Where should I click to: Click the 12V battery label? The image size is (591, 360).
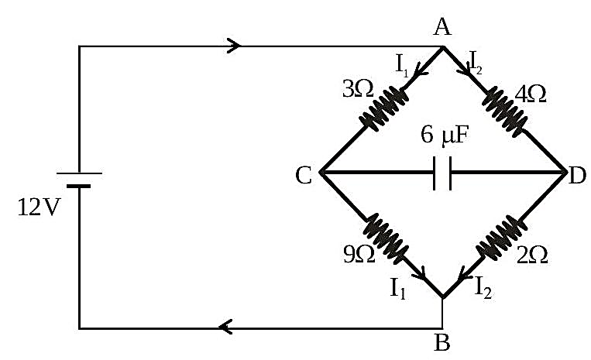39,207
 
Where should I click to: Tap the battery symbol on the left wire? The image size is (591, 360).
79,180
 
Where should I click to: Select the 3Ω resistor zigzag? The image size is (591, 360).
384,109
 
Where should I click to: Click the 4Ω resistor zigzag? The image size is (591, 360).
505,111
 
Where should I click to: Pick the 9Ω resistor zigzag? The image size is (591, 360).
386,238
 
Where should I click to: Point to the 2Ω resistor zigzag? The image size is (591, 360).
502,238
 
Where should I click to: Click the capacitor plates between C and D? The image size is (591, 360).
442,173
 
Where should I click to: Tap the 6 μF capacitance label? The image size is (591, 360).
445,135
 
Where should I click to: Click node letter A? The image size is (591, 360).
442,27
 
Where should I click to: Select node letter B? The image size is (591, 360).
442,342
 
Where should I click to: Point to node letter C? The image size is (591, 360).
304,175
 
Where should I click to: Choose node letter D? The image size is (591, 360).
577,175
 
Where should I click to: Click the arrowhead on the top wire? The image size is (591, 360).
234,46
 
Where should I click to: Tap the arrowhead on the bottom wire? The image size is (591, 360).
225,327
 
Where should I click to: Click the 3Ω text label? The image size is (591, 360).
358,90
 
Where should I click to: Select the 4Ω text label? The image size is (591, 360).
531,94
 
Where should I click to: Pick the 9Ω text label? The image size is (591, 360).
359,254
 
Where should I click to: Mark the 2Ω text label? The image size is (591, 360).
532,255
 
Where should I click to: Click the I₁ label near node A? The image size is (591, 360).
402,65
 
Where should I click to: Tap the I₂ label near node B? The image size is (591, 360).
483,288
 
